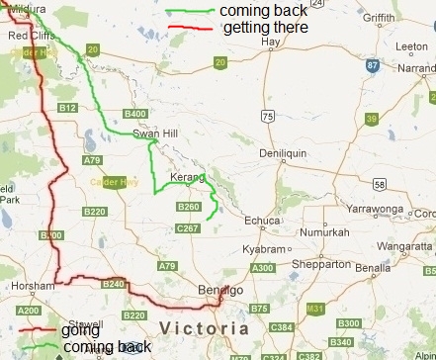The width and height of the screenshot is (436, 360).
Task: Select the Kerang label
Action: pos(184,176)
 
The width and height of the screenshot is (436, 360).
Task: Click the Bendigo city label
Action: pos(221,291)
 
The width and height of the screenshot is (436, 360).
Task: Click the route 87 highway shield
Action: pos(372,65)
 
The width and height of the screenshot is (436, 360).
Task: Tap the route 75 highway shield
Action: pos(268,116)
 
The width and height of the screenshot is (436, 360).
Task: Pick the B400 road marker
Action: pos(133,114)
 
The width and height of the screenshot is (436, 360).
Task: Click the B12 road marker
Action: pos(67,107)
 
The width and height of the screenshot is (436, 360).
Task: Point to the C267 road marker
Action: pos(187,228)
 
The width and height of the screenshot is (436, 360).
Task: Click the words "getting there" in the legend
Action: pos(265,28)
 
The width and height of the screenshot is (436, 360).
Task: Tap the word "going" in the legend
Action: pos(80,330)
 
